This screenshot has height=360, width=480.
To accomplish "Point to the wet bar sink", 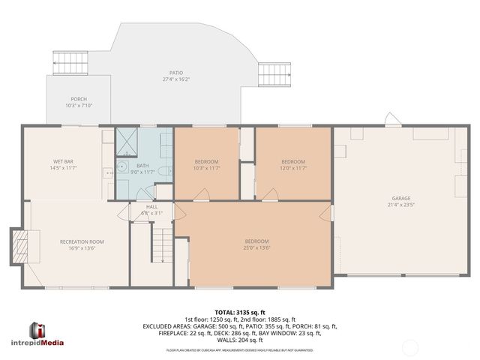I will point(110,173).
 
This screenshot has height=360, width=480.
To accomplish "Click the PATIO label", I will point(175,73).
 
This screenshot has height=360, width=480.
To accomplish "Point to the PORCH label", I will point(78,99).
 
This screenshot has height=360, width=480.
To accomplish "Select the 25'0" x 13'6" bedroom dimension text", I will point(256,247).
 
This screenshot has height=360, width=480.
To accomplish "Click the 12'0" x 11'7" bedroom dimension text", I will point(293,168).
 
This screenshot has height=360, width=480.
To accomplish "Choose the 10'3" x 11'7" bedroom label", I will point(206,162).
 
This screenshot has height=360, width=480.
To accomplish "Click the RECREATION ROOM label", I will point(82,241).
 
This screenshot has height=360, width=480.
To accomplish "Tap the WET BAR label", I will point(64,162).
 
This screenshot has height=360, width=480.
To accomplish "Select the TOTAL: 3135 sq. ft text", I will point(240,311).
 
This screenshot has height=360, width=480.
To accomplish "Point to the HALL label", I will point(151,207).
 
